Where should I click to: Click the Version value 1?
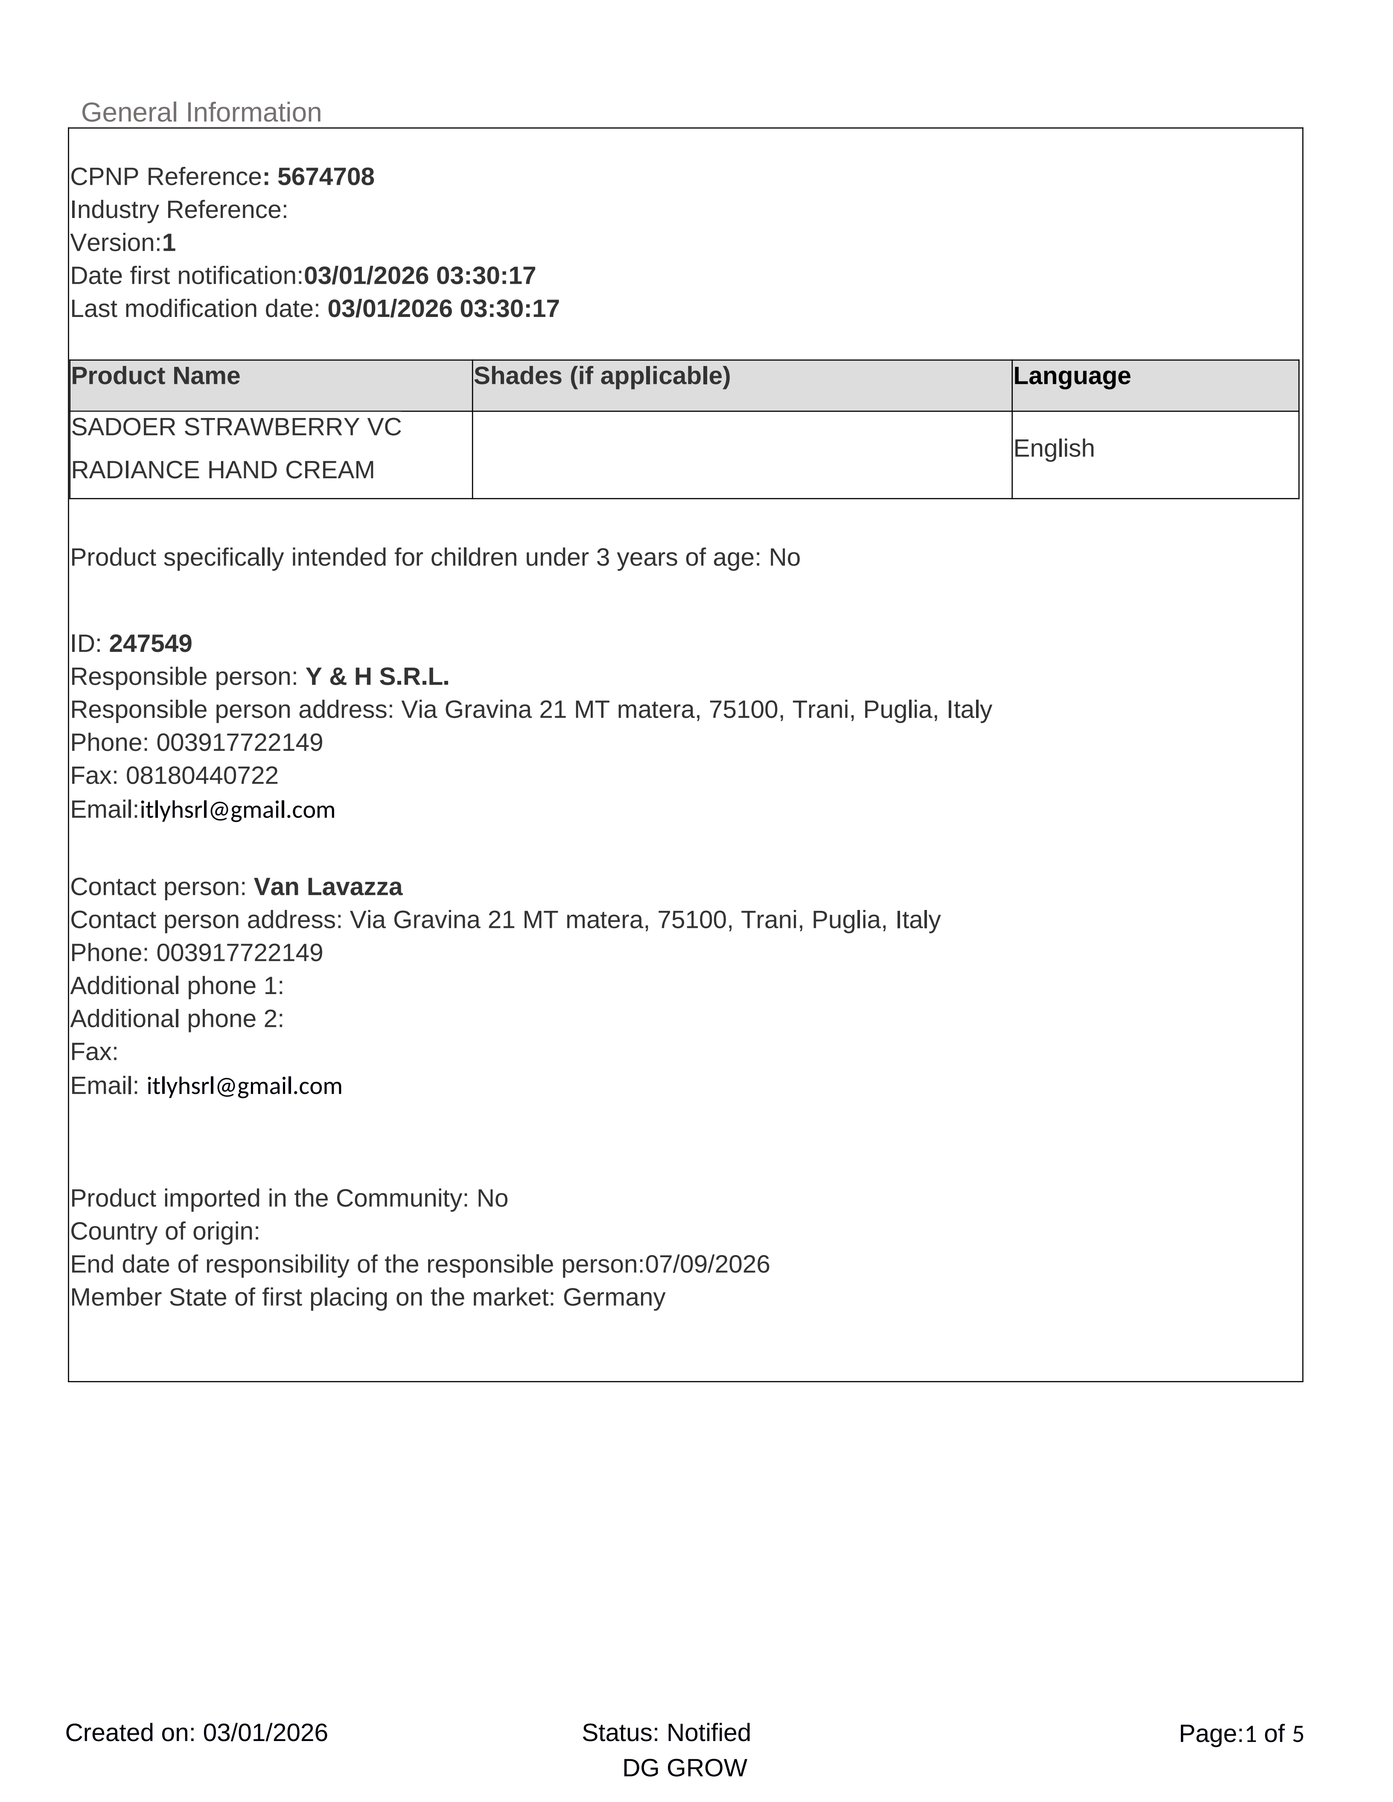coord(169,243)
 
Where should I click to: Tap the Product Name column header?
coord(156,376)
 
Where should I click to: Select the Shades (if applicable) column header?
coord(602,376)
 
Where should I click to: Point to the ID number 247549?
coord(150,644)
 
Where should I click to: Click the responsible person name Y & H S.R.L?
coord(377,677)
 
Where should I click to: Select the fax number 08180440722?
coord(202,776)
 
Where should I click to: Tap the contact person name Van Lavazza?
coord(328,887)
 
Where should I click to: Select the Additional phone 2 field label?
coord(177,1019)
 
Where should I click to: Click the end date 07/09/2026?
coord(707,1264)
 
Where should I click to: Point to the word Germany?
coord(614,1297)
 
